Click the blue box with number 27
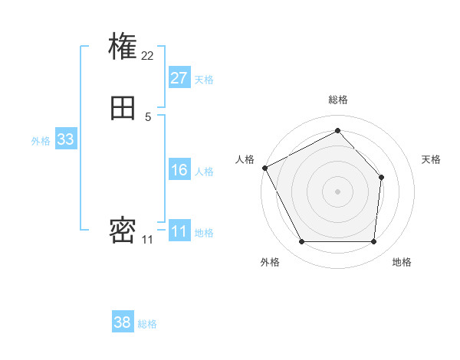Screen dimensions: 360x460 (179, 78)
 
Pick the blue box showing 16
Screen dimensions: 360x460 (179, 170)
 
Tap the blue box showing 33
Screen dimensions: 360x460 (65, 139)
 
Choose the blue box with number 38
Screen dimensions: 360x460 (123, 322)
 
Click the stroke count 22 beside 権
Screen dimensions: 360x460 (148, 55)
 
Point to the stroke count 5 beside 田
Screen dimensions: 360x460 (148, 116)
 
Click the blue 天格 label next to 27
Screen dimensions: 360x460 (204, 80)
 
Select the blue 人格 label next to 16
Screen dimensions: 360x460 (204, 172)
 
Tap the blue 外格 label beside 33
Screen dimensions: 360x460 (41, 141)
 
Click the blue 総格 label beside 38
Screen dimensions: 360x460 (147, 324)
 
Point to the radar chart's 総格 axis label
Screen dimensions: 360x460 (337, 100)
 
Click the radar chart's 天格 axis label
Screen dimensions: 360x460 (431, 159)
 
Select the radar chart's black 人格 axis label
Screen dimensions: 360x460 (245, 159)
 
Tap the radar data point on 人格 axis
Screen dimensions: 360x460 (264, 168)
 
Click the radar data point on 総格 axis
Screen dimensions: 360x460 (337, 131)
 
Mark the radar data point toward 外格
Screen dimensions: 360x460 (301, 242)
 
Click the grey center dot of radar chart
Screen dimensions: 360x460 (337, 191)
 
